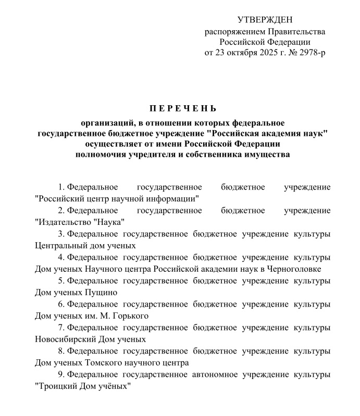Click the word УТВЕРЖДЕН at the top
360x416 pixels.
click(265, 20)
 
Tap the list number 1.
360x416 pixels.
click(61, 187)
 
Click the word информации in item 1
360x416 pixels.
click(172, 198)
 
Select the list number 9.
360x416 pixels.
click(61, 374)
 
